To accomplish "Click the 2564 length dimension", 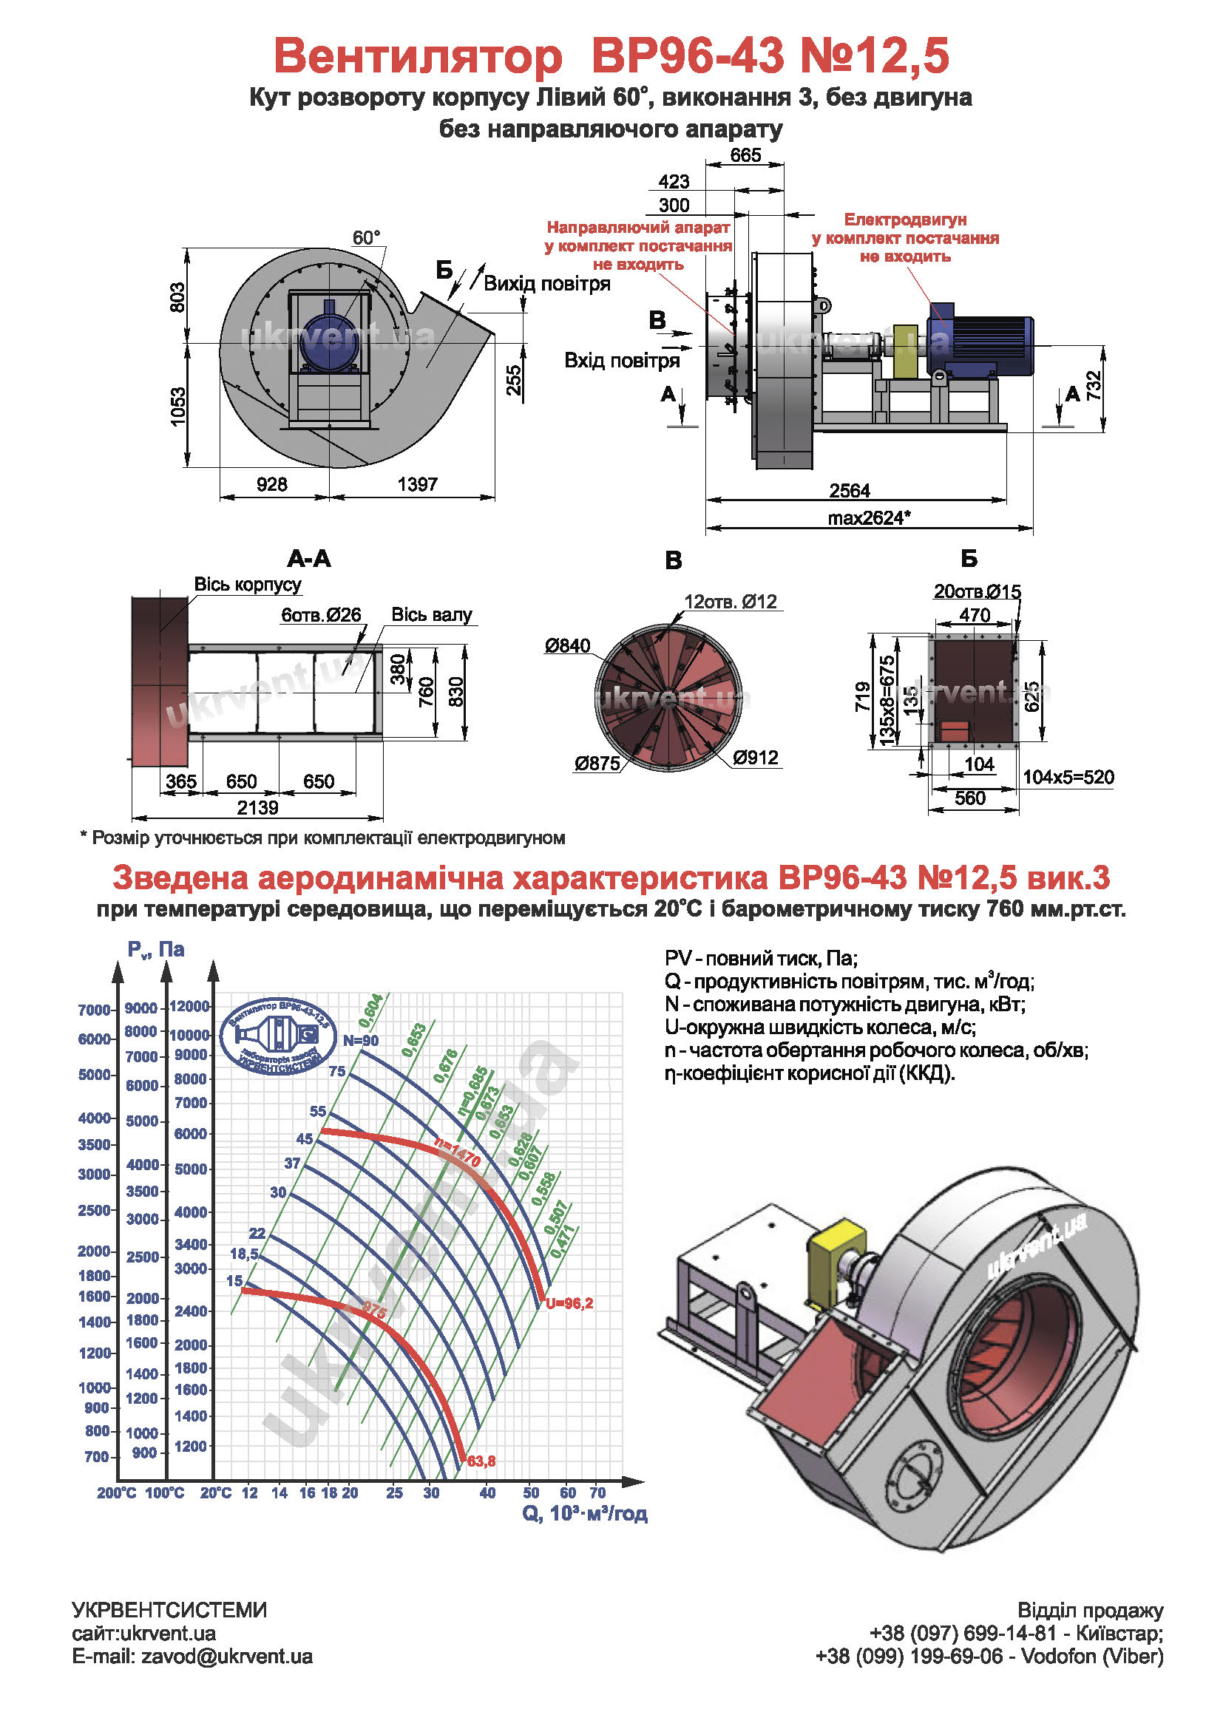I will coord(850,491).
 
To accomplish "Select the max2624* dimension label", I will coord(869,518).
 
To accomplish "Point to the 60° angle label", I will coord(367,238).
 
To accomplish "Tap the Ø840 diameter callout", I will coord(568,646).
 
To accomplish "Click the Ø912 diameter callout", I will coord(756,758).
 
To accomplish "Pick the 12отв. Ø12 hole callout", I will coord(730,602).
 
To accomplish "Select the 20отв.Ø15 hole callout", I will coord(977,592).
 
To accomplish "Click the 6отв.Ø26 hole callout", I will coord(321,615).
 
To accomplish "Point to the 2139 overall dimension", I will coord(257,808).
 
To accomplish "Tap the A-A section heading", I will coord(309,559).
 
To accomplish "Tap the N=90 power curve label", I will coord(361,1041).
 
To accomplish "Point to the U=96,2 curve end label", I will coord(569,1303).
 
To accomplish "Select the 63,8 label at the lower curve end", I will coord(481,1461).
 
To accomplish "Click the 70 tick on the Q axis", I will coord(597,1492).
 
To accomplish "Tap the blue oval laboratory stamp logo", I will coord(280,1037).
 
